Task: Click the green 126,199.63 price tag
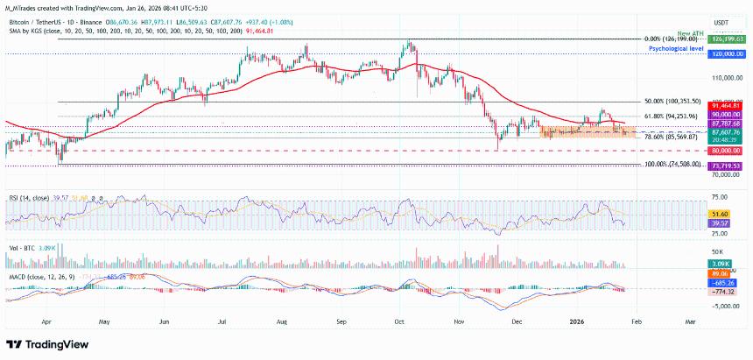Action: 728,39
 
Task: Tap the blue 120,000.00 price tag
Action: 728,53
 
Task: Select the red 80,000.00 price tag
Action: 728,151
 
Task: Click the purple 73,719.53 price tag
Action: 728,166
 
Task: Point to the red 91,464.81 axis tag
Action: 728,106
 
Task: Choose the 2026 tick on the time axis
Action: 578,321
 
